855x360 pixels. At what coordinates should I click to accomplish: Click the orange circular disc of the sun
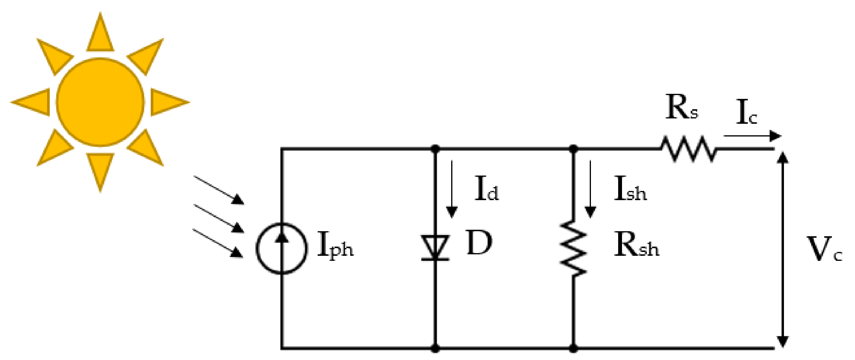coord(100,102)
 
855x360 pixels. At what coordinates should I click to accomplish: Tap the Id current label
coord(486,189)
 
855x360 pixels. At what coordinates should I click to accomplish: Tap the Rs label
coord(682,108)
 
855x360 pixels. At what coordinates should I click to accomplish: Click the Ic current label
coord(746,113)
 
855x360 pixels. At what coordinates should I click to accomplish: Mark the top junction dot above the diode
coord(435,149)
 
